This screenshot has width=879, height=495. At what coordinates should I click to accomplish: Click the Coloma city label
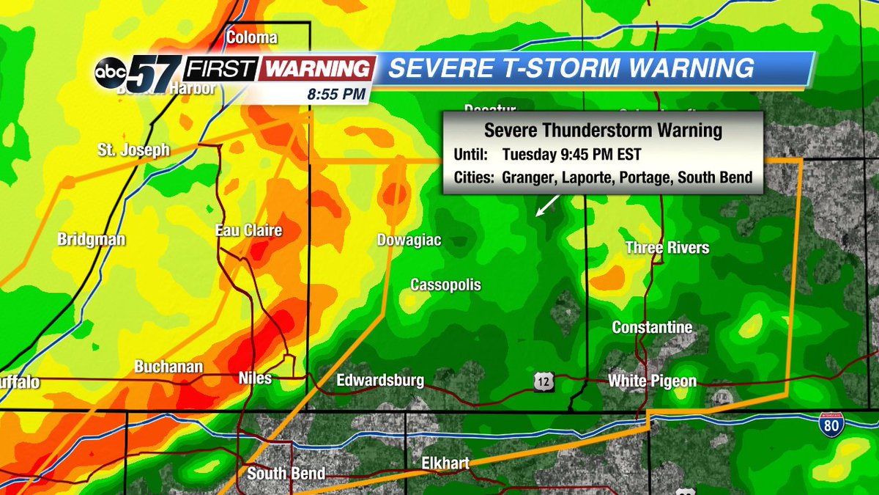(x=252, y=37)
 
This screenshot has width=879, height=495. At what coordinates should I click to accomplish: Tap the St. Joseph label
(x=133, y=150)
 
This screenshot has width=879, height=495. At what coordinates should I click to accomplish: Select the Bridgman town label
(x=92, y=240)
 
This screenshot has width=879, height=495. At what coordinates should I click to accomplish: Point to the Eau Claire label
(x=248, y=231)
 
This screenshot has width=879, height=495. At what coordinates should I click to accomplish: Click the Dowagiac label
(x=409, y=240)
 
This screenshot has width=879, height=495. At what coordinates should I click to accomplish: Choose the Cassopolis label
(x=445, y=285)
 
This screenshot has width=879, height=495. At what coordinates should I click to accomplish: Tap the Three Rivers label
(x=667, y=248)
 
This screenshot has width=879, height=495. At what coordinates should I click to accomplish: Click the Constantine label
(x=652, y=327)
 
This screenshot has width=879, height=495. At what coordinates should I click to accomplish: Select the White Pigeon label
(x=652, y=381)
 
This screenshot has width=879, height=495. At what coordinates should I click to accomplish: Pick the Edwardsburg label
(x=380, y=381)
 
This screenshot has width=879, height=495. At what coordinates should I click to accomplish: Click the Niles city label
(x=255, y=378)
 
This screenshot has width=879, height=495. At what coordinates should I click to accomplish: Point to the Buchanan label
(x=168, y=367)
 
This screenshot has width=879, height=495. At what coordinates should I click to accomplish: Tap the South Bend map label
(x=286, y=474)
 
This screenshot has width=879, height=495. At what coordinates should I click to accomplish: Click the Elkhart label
(x=445, y=463)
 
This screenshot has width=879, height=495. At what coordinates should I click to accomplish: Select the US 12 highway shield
(x=543, y=381)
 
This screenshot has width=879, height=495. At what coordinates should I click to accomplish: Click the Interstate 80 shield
(x=831, y=425)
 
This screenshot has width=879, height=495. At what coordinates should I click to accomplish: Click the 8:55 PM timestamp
(x=338, y=95)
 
